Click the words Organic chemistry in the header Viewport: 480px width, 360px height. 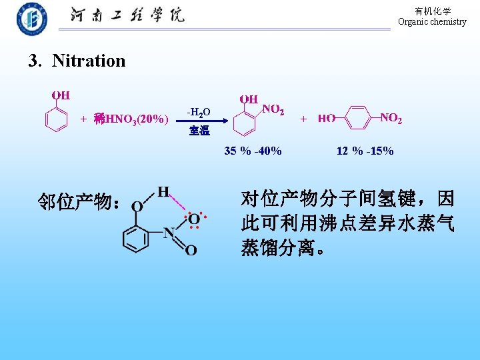(432, 22)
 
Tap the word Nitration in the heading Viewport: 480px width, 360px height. (89, 61)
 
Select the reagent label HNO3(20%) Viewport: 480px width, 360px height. (137, 119)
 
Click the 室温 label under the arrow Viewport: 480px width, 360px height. (199, 131)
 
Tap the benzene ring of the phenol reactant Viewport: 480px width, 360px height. (57, 120)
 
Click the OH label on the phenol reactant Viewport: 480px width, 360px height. (61, 95)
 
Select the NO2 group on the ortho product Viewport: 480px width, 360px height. (273, 109)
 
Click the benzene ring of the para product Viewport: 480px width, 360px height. (358, 119)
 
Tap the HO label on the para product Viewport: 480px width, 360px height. (326, 119)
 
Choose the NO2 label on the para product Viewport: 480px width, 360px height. (391, 119)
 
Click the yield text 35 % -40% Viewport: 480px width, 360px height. (253, 151)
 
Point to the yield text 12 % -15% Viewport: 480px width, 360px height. (365, 151)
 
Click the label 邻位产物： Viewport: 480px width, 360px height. (79, 202)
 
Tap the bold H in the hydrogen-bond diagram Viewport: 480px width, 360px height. (163, 192)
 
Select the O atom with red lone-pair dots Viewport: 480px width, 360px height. (193, 219)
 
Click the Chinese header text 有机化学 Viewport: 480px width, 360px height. (433, 11)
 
